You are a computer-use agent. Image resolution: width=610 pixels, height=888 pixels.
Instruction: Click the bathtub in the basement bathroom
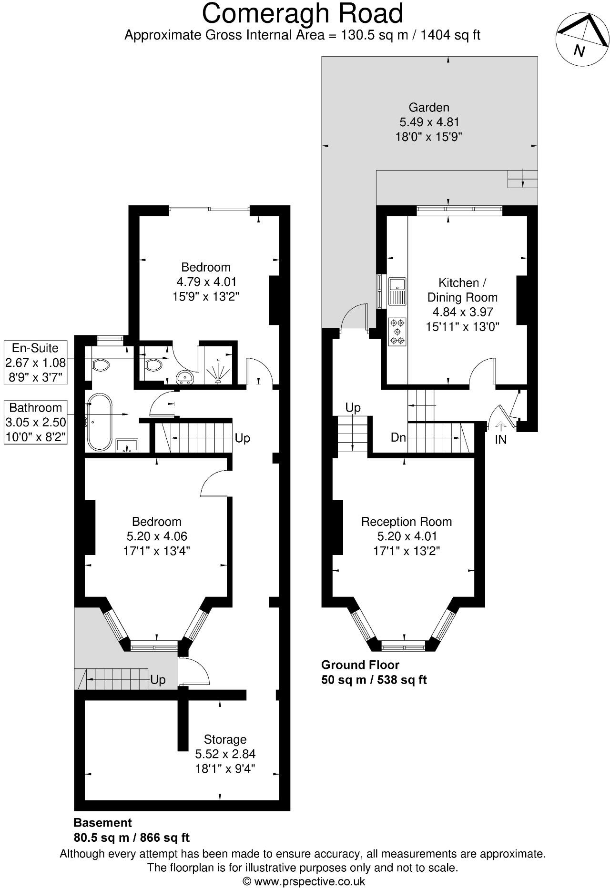(x=99, y=422)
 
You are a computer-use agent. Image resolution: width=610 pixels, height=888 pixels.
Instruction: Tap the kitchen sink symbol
(x=396, y=292)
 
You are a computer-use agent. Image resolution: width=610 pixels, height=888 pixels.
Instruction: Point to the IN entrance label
(x=500, y=440)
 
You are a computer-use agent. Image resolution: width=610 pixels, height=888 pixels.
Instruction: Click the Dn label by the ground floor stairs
(x=398, y=437)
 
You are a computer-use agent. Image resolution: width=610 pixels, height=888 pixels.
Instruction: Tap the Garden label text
(x=429, y=108)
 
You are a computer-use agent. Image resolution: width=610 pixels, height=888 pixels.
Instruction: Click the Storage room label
(x=225, y=739)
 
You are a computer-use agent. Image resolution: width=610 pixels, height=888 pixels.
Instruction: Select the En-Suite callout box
(x=35, y=363)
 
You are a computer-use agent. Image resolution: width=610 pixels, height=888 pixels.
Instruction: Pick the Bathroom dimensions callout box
(x=35, y=422)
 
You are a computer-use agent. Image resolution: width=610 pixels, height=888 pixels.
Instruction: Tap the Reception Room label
(x=406, y=522)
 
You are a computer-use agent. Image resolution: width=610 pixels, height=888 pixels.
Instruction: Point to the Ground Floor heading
(x=360, y=665)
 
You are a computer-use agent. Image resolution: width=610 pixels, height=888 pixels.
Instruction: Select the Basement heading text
(x=102, y=823)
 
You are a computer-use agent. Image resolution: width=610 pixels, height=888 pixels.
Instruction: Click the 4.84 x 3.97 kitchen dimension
(x=462, y=312)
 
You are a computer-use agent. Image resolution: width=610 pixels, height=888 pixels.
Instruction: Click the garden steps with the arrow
(x=522, y=179)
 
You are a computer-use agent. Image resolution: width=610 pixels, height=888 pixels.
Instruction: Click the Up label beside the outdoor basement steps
(x=158, y=680)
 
